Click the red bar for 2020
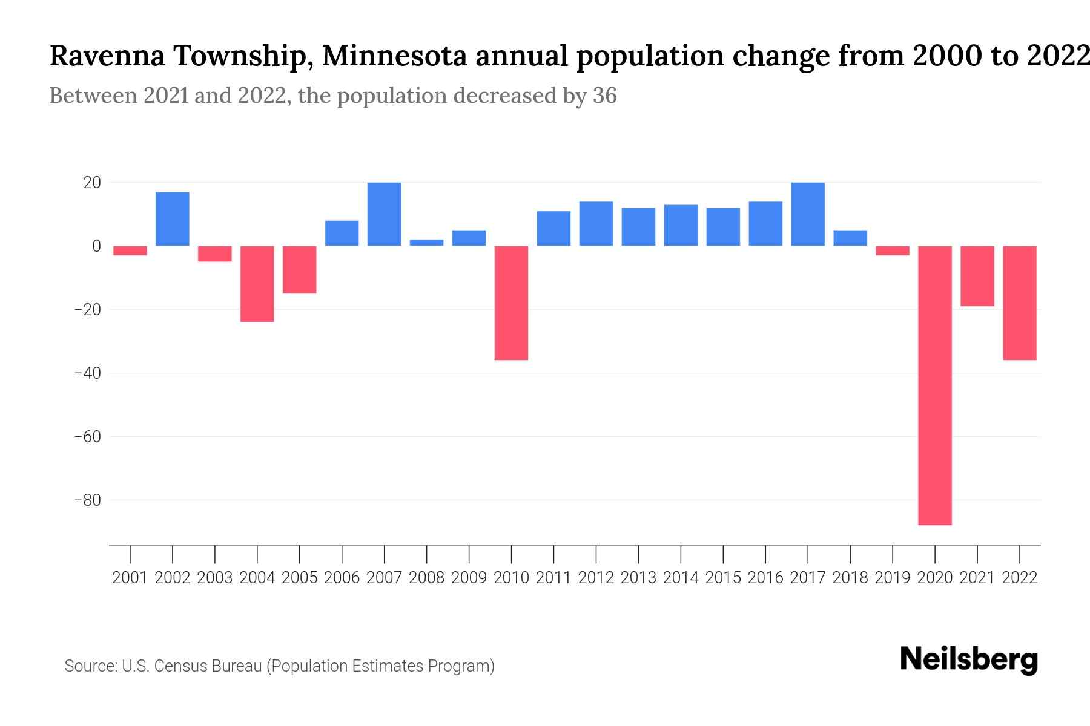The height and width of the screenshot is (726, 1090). [934, 385]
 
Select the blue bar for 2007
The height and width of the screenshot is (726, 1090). [384, 214]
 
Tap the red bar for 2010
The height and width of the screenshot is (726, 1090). [511, 302]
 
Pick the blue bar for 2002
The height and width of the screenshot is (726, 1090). [173, 219]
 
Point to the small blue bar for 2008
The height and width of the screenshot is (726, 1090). [426, 243]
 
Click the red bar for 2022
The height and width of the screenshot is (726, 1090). [1019, 302]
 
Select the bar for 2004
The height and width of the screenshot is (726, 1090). [257, 284]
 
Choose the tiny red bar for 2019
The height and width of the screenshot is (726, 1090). [892, 250]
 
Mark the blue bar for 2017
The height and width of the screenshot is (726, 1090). [807, 214]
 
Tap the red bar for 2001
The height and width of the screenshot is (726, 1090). [130, 250]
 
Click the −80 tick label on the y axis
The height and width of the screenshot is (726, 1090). [87, 500]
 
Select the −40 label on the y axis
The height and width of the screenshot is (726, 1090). [87, 373]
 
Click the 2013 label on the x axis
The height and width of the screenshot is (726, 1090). [638, 578]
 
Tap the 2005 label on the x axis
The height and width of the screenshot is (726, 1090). [300, 578]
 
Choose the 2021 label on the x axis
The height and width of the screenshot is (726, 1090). [977, 578]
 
